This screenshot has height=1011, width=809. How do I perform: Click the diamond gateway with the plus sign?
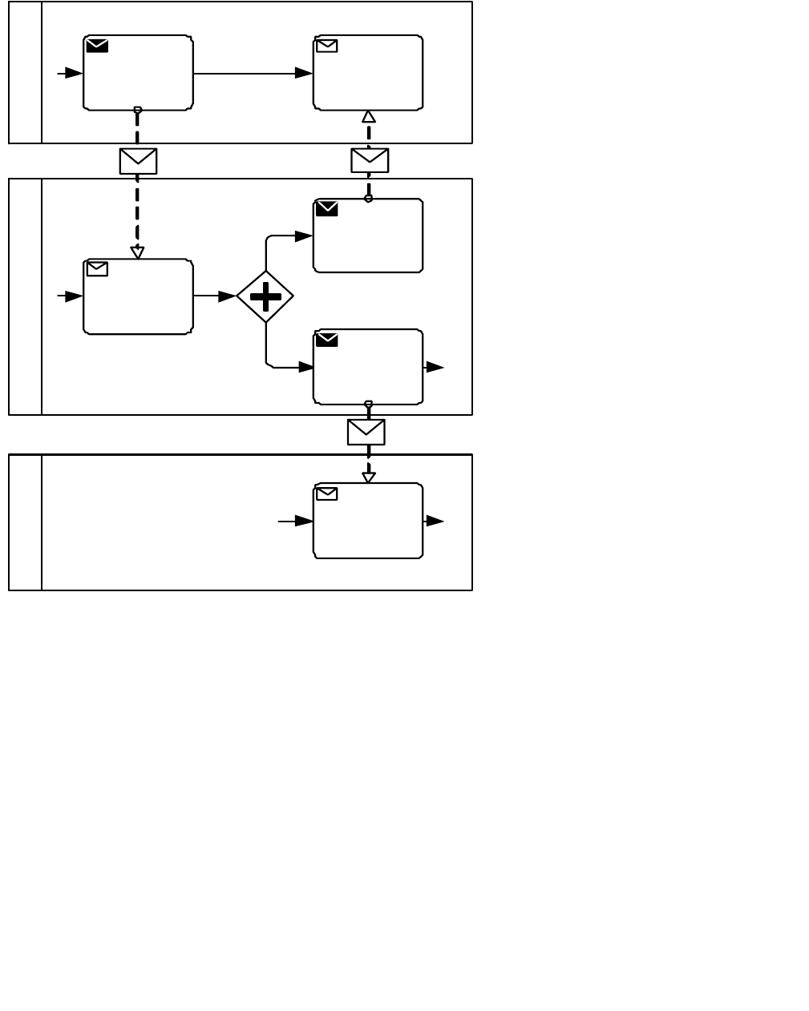click(265, 296)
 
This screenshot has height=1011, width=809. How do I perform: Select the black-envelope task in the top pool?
click(138, 73)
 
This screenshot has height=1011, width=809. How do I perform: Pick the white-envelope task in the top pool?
click(368, 73)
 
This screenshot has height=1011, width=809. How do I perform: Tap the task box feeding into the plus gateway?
click(138, 296)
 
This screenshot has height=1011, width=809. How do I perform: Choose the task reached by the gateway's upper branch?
click(368, 236)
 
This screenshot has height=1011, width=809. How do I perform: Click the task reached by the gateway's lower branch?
click(368, 367)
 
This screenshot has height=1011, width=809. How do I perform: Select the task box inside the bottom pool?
click(368, 521)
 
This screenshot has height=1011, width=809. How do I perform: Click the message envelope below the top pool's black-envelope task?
click(138, 161)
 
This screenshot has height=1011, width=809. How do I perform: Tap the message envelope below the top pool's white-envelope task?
click(370, 160)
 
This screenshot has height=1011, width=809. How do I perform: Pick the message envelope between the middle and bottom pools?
click(366, 432)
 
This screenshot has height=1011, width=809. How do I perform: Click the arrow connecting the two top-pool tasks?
click(253, 73)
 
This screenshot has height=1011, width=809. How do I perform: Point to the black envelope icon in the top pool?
click(97, 46)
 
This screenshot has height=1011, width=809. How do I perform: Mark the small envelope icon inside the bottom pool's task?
click(326, 493)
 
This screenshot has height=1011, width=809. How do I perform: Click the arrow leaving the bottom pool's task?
click(434, 521)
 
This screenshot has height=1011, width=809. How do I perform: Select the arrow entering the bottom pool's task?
click(295, 521)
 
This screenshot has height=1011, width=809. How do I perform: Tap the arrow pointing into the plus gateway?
click(215, 296)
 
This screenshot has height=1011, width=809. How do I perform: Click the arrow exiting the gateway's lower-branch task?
click(434, 367)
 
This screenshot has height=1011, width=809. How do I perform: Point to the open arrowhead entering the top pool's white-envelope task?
click(369, 116)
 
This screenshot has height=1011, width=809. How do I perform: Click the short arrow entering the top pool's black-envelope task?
click(70, 73)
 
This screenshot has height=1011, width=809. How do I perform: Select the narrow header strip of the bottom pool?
click(25, 522)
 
